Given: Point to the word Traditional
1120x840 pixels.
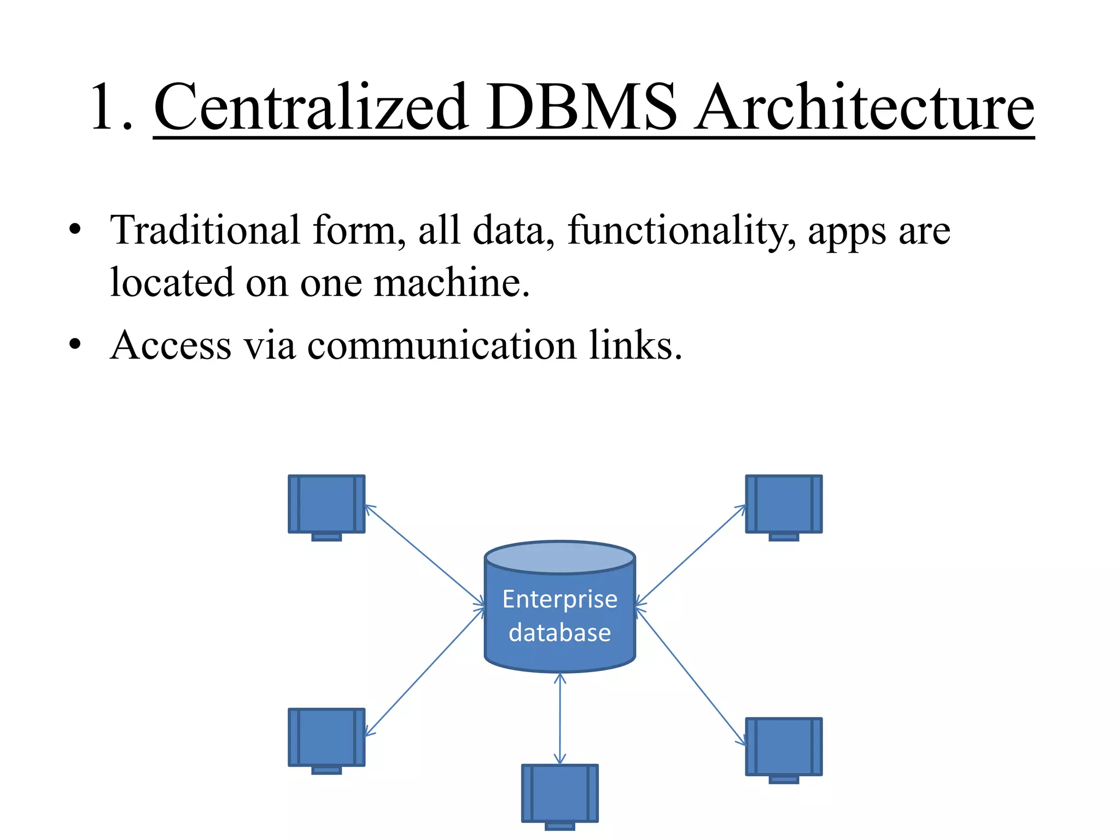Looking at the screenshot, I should (x=205, y=230).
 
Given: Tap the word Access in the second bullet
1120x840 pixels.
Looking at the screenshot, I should (x=171, y=346).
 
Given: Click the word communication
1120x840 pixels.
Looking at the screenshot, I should (x=442, y=346).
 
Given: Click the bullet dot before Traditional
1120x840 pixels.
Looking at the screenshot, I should (x=75, y=229).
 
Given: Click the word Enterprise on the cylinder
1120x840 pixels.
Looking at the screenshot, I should (x=559, y=599).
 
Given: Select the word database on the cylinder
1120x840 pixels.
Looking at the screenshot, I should (x=559, y=633).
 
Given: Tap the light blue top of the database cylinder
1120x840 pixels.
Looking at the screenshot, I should (x=559, y=557).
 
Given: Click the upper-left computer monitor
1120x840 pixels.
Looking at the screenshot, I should (x=326, y=504).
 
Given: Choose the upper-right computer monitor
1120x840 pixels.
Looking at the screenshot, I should (x=784, y=504).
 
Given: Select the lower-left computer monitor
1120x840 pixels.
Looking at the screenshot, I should (x=326, y=737).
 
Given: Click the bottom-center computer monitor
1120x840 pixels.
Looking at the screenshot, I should (x=559, y=792).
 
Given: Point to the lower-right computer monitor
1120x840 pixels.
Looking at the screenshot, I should (x=784, y=746).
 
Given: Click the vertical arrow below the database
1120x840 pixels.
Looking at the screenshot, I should (x=559, y=719).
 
